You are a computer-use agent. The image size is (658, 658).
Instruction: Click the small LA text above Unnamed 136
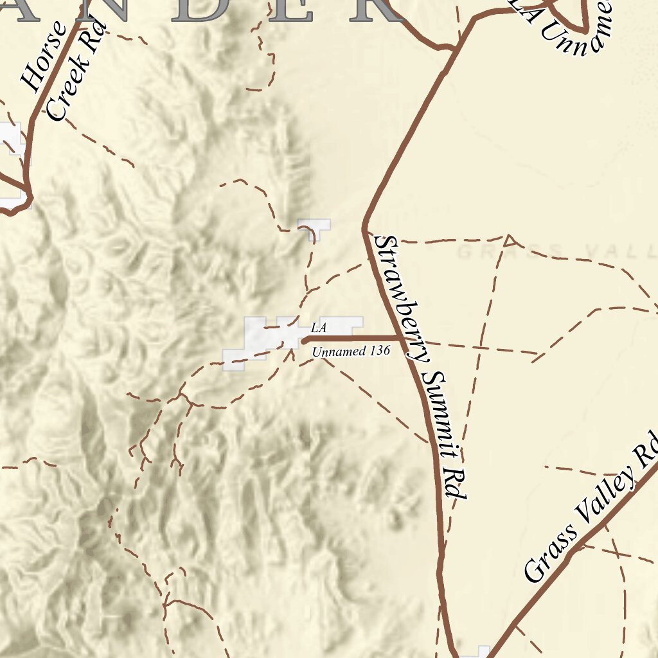pyautogui.click(x=319, y=328)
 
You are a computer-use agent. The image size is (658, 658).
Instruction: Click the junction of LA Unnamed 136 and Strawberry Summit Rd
pyautogui.click(x=402, y=338)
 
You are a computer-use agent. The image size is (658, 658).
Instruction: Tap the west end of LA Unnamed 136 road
pyautogui.click(x=304, y=341)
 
